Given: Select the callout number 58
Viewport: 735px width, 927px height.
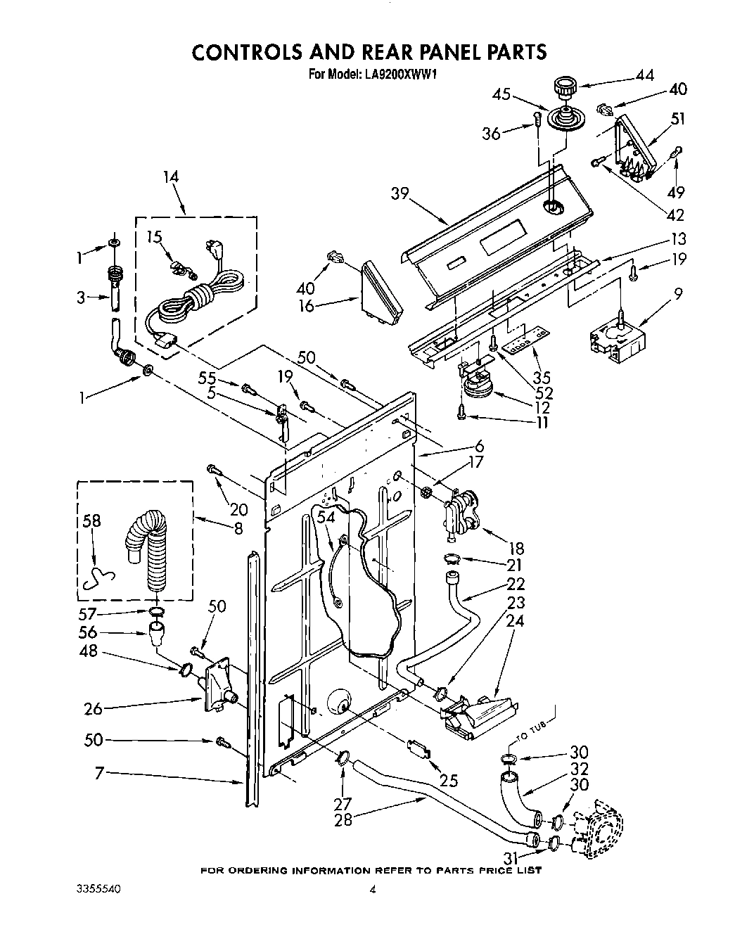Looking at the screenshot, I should click(91, 521).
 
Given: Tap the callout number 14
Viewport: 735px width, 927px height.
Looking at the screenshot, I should click(170, 177).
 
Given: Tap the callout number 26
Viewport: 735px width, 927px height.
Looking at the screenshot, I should click(93, 709).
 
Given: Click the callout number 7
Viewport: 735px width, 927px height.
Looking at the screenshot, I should click(100, 774).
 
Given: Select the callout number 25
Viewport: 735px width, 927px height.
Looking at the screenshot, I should click(448, 779).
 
